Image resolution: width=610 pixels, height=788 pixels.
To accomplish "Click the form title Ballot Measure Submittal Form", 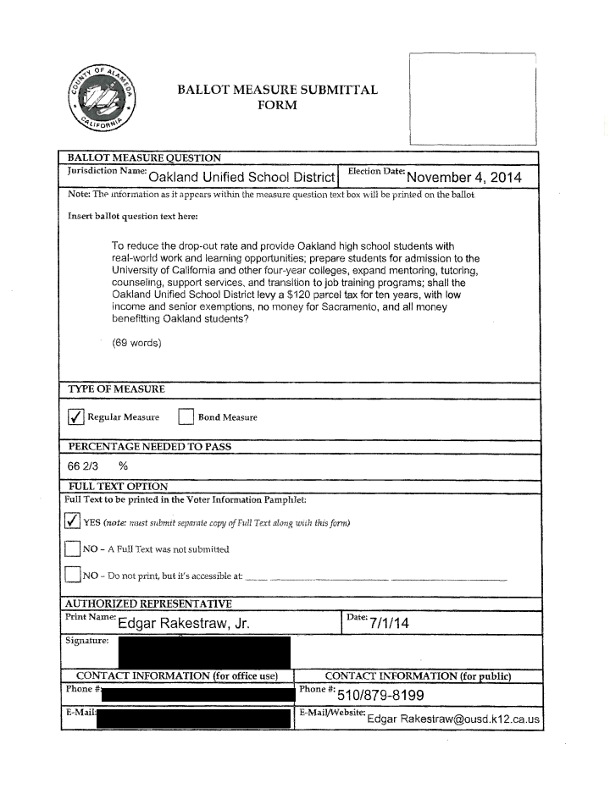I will (277, 97).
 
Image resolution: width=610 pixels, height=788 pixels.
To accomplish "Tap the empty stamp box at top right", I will (473, 98).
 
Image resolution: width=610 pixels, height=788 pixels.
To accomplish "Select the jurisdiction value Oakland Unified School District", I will (242, 177).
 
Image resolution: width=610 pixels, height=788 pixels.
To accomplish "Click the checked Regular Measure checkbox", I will (75, 416).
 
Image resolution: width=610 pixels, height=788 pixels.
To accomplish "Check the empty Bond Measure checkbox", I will (186, 416).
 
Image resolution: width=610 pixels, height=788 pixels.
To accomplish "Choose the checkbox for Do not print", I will (73, 576).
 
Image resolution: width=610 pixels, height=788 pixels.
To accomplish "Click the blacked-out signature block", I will (203, 653).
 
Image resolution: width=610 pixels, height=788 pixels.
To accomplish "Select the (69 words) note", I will (136, 343).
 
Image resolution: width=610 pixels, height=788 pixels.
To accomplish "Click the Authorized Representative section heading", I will (148, 603).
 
